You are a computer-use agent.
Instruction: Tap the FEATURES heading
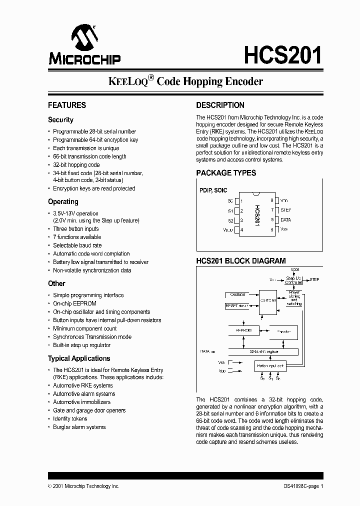[67, 105]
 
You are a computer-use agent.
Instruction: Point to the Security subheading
[60, 120]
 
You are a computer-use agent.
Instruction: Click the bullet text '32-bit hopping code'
[76, 164]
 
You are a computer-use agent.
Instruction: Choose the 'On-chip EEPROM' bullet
[74, 303]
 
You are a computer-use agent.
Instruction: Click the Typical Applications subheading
[79, 358]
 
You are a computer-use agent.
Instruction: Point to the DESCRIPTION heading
[220, 105]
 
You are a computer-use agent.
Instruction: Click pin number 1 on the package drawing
[241, 200]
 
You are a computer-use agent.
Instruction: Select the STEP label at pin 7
[285, 210]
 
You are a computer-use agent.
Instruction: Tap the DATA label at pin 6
[285, 220]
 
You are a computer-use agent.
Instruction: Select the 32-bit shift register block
[264, 351]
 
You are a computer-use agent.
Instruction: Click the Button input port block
[270, 366]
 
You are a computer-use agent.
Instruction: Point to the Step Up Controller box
[293, 280]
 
